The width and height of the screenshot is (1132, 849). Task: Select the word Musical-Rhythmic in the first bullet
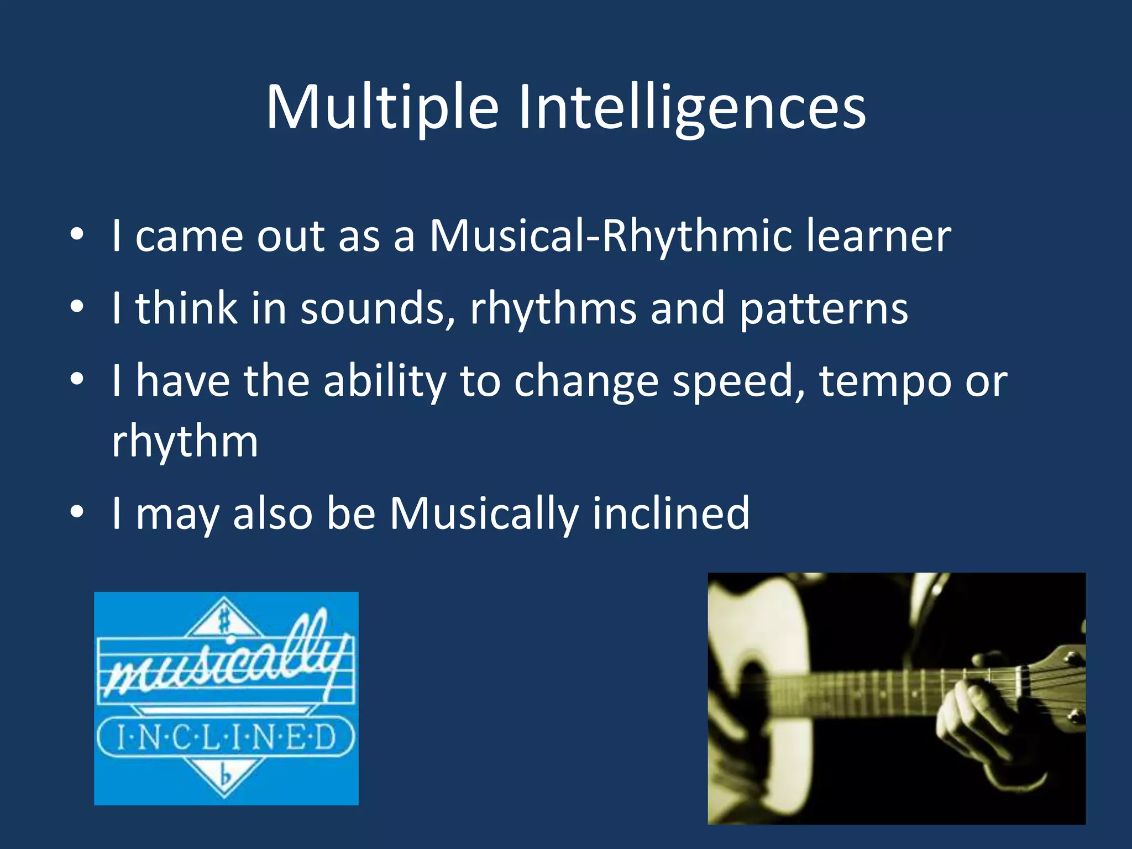[609, 236]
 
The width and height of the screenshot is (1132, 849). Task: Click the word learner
[878, 236]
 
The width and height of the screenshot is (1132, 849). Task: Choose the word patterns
[823, 310]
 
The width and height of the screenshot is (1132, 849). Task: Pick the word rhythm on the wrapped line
[185, 442]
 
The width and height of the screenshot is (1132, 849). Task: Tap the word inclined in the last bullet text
[670, 513]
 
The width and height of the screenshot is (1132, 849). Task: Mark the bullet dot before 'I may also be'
[77, 511]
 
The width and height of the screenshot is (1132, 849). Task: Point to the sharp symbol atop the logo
[224, 621]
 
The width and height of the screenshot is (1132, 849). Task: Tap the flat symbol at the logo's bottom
[225, 777]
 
